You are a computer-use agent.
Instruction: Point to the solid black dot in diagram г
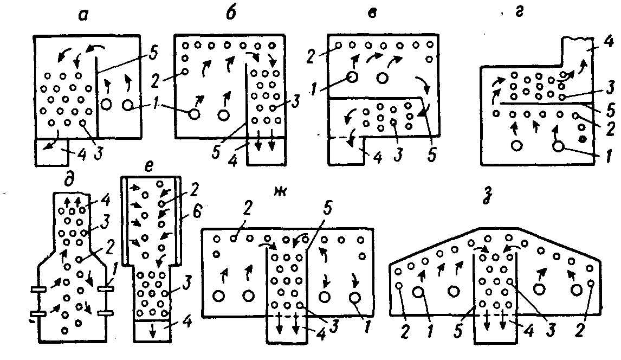coord(582,140)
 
